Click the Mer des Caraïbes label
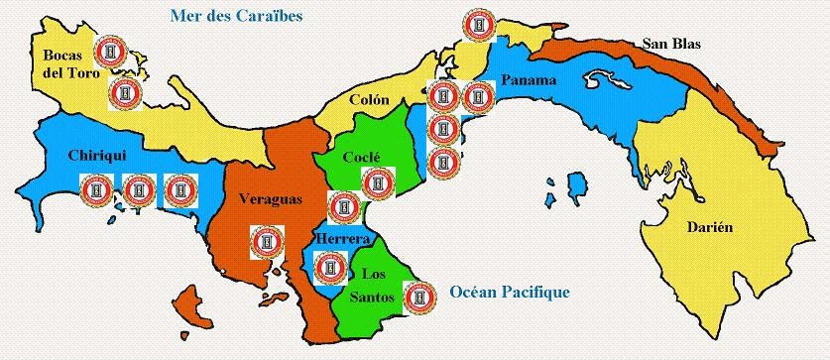(236, 16)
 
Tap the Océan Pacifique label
(509, 292)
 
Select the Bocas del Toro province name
(60, 63)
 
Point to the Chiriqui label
(95, 157)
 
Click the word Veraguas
(269, 199)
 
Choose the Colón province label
(369, 99)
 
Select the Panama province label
(529, 80)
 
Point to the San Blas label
(669, 44)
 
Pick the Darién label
(710, 227)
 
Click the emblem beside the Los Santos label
(418, 297)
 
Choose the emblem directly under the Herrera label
(329, 267)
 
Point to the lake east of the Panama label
(607, 76)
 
